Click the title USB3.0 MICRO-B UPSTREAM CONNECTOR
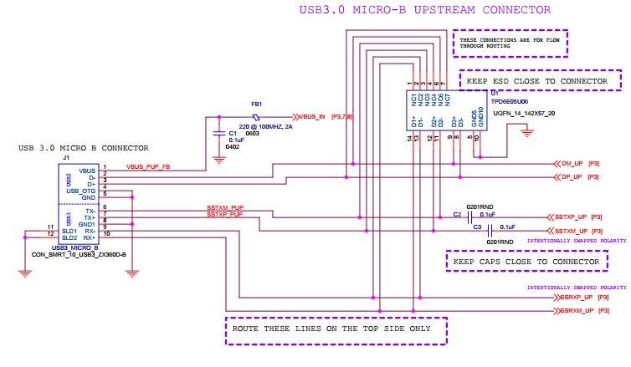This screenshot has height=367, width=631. [x=425, y=10]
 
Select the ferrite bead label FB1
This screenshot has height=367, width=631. [x=256, y=104]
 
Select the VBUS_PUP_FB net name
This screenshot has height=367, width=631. [x=149, y=166]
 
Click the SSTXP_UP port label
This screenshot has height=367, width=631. [x=572, y=216]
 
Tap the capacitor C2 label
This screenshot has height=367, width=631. [x=457, y=215]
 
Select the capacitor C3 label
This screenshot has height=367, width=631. [x=477, y=227]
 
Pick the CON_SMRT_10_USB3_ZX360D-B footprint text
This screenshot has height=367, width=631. [x=79, y=254]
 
